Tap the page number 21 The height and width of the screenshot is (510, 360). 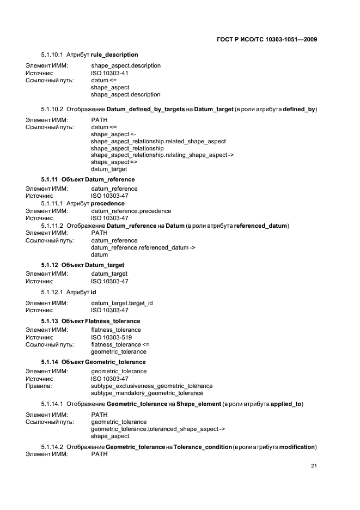[314, 465]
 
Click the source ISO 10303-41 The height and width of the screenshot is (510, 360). [109, 72]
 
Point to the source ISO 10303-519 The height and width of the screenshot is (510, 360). [111, 337]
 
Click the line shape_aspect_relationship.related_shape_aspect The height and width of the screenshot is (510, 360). [158, 141]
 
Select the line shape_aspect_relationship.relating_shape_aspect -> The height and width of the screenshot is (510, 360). [162, 155]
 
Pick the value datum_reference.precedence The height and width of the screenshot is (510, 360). [131, 211]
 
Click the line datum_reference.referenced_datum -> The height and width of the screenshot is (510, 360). [143, 247]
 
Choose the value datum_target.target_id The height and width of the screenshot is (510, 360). [122, 303]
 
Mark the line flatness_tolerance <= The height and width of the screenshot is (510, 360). [120, 344]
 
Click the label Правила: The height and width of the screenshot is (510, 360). [39, 386]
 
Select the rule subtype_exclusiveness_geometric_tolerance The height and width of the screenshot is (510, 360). [151, 386]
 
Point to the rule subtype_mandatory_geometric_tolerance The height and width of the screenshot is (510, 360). [147, 393]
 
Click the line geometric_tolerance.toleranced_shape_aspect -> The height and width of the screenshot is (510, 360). [158, 429]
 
